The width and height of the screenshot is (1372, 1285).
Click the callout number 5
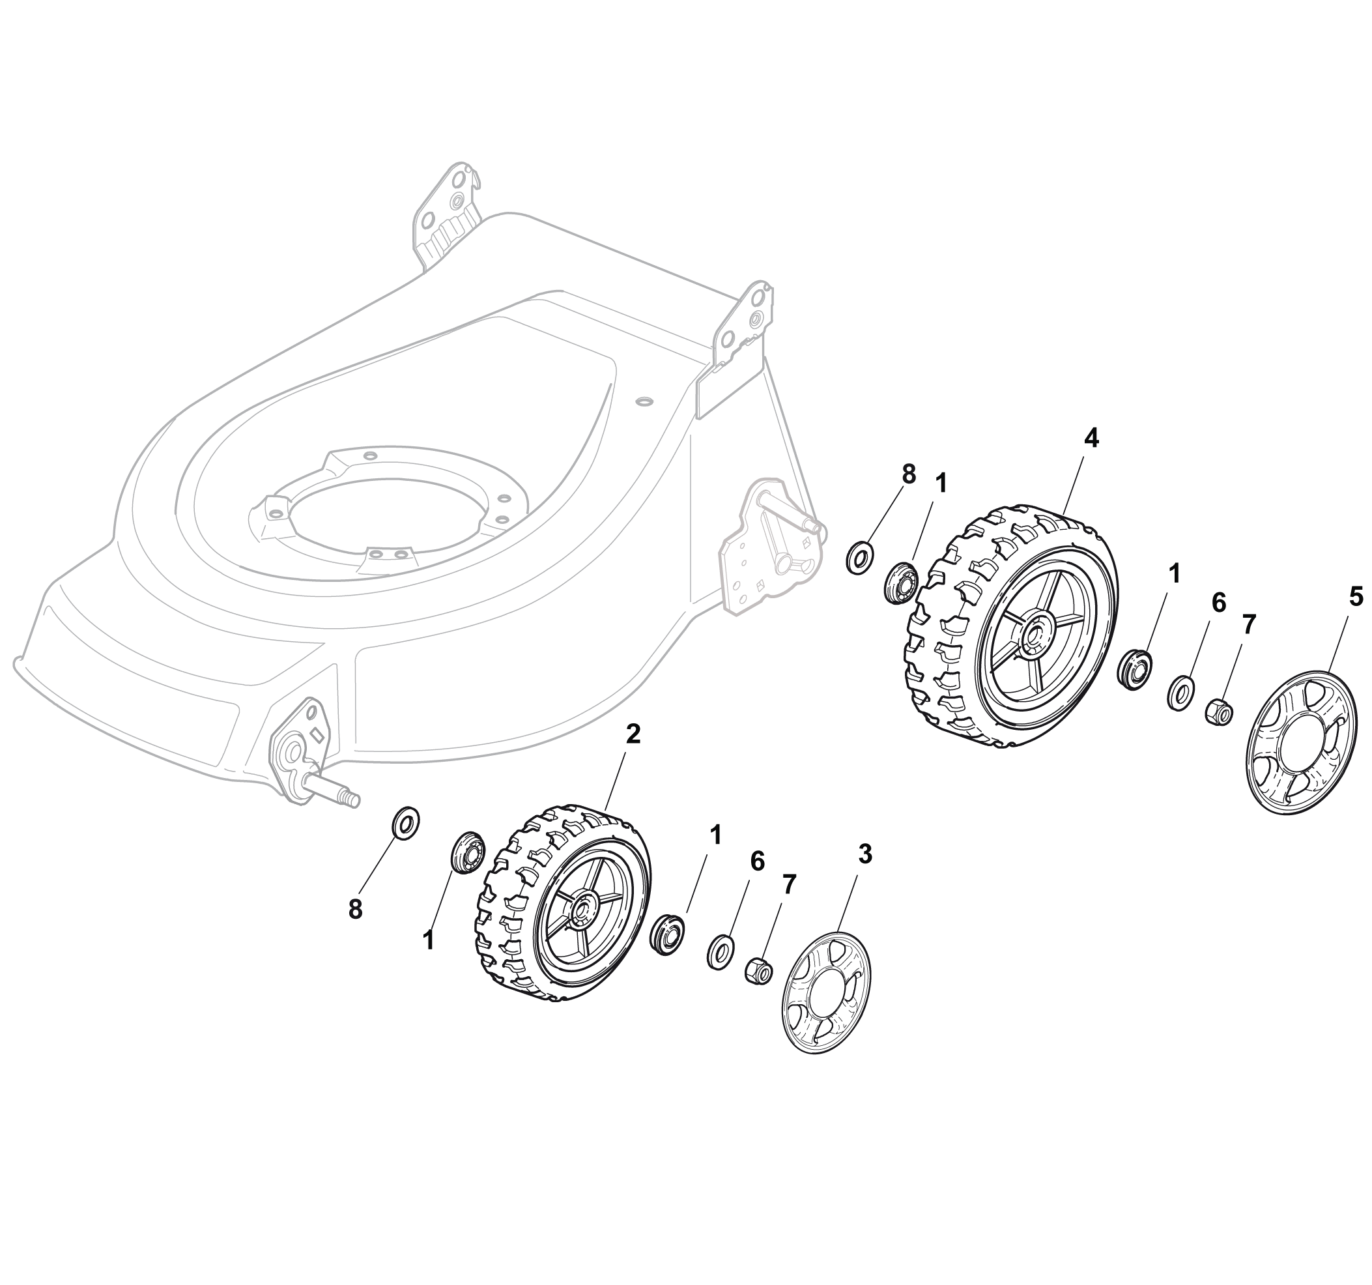point(1356,596)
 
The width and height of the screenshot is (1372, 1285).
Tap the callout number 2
point(633,734)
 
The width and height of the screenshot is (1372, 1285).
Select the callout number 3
point(865,854)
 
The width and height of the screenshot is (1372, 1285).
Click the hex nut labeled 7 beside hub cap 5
point(1219,710)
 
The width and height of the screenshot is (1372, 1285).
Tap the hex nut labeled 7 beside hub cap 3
point(758,970)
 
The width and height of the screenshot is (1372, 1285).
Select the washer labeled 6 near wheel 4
point(1181,693)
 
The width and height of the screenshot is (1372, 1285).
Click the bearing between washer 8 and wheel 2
point(467,853)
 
